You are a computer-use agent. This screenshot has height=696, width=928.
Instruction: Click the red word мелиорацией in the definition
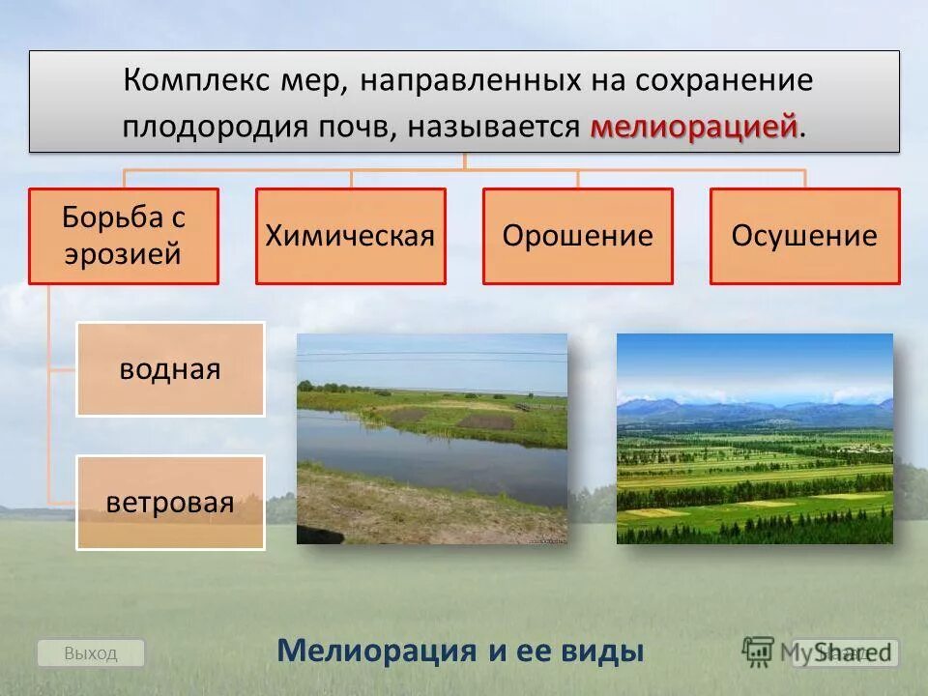point(694,128)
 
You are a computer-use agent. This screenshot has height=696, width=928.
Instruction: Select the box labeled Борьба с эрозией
point(124,236)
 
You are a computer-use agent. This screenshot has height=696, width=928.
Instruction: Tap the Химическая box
point(350,236)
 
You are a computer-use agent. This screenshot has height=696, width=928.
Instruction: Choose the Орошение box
point(577,236)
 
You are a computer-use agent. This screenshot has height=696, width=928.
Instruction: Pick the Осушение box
point(804,236)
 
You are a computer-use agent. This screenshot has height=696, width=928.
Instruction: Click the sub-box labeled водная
point(170,369)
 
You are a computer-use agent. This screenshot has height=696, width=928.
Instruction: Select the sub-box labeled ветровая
point(170,503)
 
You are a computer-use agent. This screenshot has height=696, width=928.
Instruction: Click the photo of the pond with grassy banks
point(431,439)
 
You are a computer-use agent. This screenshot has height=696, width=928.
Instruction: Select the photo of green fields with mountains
point(754,439)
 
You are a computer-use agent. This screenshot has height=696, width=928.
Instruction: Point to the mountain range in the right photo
point(754,411)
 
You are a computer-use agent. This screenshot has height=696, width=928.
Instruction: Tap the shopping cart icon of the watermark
point(759,651)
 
